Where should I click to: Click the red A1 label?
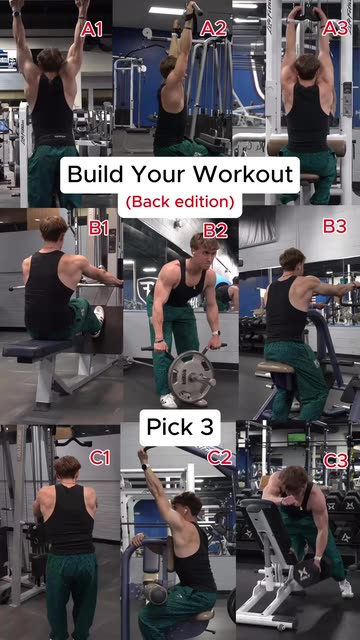click(x=91, y=29)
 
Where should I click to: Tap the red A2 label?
click(x=213, y=29)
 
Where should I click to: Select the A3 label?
click(x=335, y=29)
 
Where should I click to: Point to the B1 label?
click(x=98, y=228)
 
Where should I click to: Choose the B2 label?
click(x=216, y=231)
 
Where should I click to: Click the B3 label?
click(x=335, y=226)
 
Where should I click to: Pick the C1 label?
click(x=100, y=458)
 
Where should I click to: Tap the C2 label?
click(x=220, y=458)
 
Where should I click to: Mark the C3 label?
click(x=336, y=461)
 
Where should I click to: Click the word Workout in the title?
click(x=243, y=174)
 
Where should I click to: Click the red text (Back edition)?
click(x=180, y=202)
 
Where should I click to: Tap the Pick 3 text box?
click(x=180, y=427)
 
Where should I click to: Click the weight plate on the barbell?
click(x=191, y=376)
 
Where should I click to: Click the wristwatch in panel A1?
click(x=16, y=13)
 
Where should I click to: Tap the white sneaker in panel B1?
click(x=98, y=320)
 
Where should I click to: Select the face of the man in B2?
click(x=204, y=252)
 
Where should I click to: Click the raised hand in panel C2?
click(x=143, y=454)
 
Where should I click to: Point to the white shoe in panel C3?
click(x=346, y=588)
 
